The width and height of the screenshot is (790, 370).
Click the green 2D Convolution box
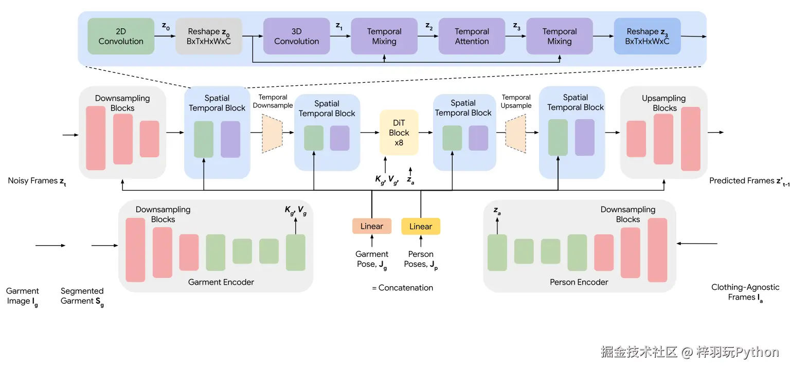[121, 36]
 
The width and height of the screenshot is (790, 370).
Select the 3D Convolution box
[296, 36]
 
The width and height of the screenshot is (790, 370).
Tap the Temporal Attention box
[472, 36]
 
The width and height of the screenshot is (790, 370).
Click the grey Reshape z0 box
[208, 36]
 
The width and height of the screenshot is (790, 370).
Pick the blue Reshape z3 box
[647, 36]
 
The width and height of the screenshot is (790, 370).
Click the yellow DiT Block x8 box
[399, 133]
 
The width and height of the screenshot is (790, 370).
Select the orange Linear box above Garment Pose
[371, 226]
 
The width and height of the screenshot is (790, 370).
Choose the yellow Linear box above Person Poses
[421, 226]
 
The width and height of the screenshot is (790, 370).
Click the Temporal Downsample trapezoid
[273, 133]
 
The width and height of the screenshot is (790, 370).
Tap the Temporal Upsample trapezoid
[516, 133]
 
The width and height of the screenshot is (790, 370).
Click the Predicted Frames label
[747, 181]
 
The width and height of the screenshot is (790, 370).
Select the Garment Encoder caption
[221, 282]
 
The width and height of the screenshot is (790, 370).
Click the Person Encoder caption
[579, 282]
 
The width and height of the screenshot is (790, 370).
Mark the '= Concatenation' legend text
[402, 288]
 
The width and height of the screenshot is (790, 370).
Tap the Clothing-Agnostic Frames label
[745, 292]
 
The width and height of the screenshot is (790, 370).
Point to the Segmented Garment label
[82, 296]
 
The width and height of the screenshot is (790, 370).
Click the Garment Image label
[23, 296]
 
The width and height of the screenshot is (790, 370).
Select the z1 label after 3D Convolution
[339, 25]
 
